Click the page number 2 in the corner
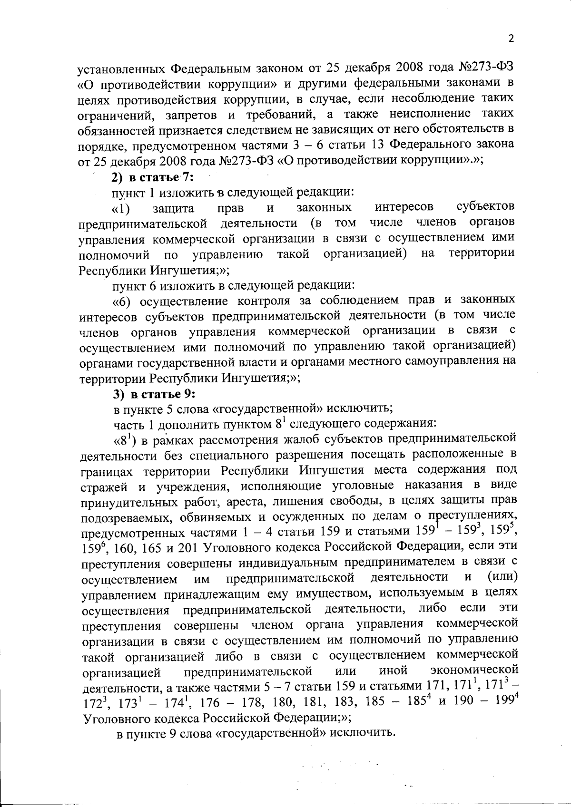pos(511,39)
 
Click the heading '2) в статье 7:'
pos(151,176)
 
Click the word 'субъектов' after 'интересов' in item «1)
pos(485,207)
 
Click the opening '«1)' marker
pos(122,208)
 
